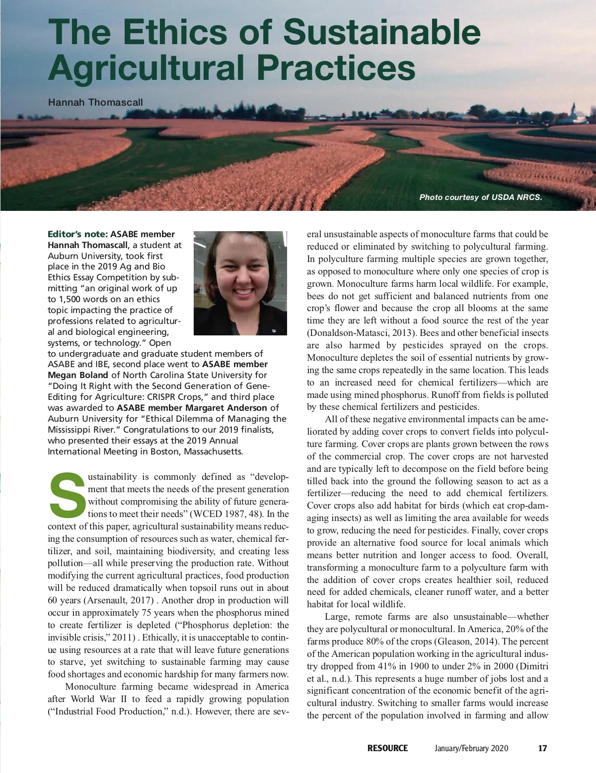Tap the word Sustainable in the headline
pyautogui.click(x=381, y=32)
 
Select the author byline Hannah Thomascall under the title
pyautogui.click(x=95, y=102)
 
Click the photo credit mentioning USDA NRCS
pyautogui.click(x=480, y=197)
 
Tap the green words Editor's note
pyautogui.click(x=77, y=234)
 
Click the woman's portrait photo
pyautogui.click(x=240, y=283)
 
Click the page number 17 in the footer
pyautogui.click(x=542, y=748)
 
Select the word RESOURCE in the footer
pyautogui.click(x=387, y=748)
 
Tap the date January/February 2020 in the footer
pyautogui.click(x=471, y=748)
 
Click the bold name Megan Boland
pyautogui.click(x=77, y=375)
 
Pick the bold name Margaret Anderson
pyautogui.click(x=226, y=408)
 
